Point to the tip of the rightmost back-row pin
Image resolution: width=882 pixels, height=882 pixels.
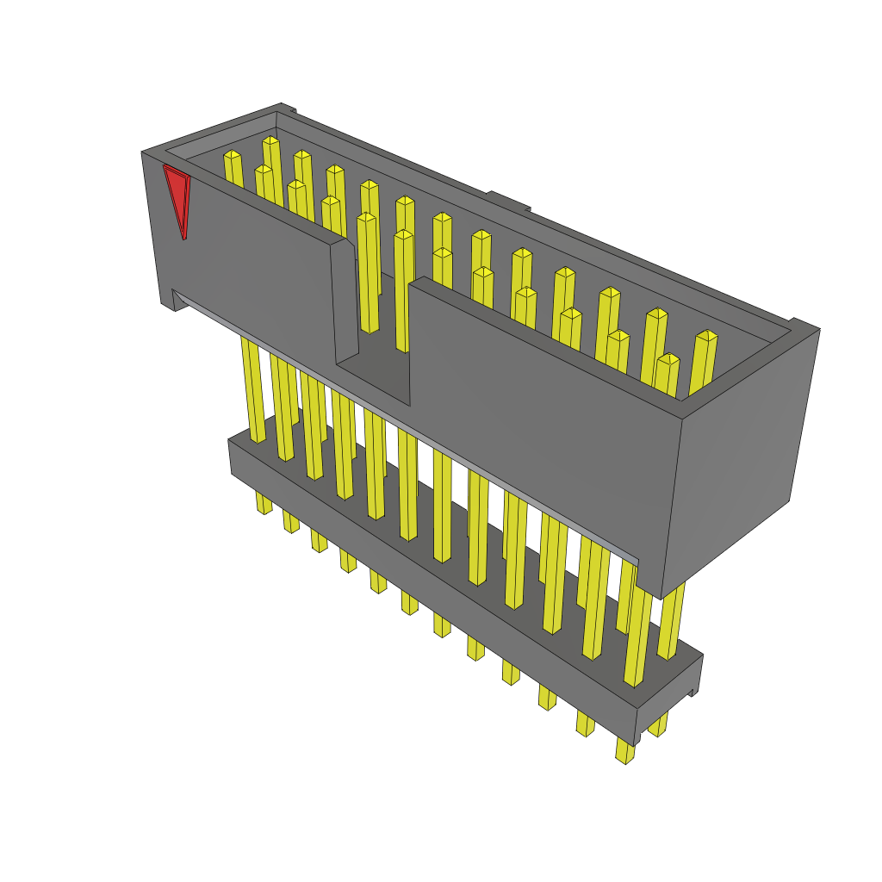coord(707,335)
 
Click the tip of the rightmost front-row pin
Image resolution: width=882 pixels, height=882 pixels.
coord(668,358)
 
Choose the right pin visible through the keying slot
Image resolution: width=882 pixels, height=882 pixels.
coord(403,293)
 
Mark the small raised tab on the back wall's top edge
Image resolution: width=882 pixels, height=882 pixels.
coord(507,201)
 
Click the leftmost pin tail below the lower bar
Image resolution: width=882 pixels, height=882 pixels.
coord(264,503)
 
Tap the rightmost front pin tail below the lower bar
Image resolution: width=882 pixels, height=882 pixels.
coord(625,751)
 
